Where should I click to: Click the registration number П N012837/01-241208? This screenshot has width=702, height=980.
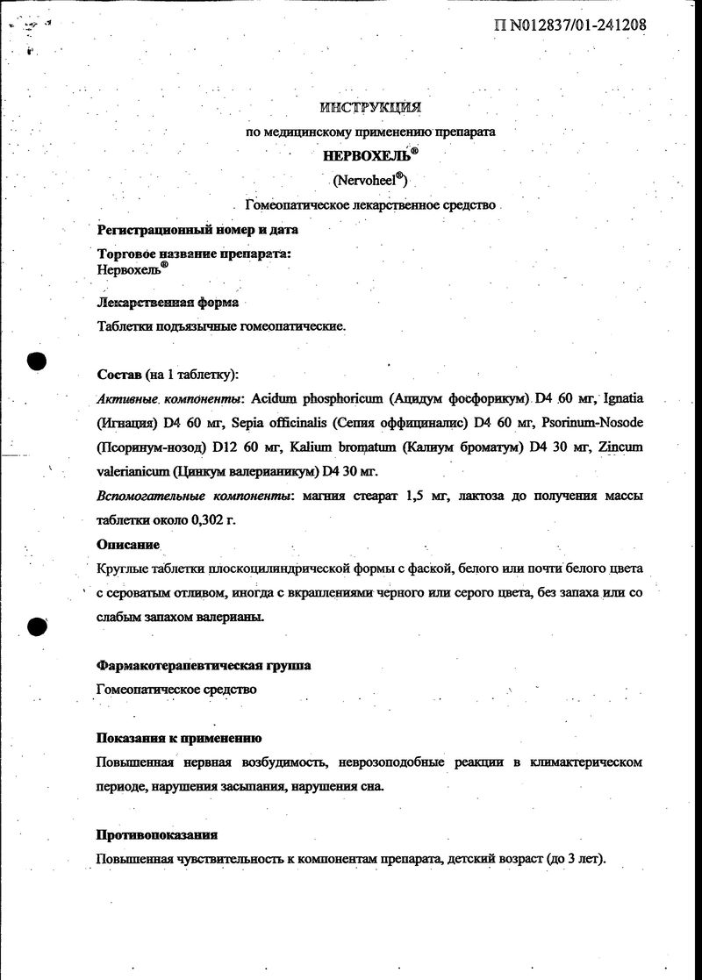[570, 25]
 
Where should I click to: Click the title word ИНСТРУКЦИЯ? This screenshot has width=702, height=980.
[370, 108]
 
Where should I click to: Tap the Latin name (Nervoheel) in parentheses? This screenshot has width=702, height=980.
[370, 181]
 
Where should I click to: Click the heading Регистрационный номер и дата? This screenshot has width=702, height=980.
[197, 231]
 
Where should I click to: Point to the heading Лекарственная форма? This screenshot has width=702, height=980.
[167, 304]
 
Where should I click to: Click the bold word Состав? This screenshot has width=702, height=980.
[118, 375]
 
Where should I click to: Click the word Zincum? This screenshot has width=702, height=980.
[619, 447]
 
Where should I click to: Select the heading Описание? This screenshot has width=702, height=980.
[128, 545]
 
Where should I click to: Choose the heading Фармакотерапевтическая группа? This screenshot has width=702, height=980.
[203, 666]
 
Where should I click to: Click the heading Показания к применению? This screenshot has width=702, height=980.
[179, 739]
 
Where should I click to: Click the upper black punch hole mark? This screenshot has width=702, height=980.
[36, 362]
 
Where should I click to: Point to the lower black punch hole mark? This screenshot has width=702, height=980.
[36, 627]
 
